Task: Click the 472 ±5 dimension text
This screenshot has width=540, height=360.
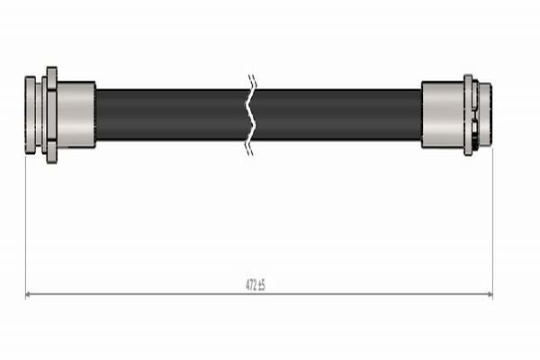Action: [256, 285]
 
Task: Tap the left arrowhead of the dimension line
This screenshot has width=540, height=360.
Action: [29, 294]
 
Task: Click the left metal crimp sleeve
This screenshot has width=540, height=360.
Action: [76, 114]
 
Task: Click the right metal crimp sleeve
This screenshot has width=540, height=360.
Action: [442, 114]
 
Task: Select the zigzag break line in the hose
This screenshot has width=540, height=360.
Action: [250, 114]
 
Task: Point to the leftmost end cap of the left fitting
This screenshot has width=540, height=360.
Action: [31, 114]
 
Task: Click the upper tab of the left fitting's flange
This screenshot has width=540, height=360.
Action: [51, 74]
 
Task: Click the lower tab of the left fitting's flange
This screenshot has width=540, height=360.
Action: [51, 156]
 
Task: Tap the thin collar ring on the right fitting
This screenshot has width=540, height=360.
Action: [468, 114]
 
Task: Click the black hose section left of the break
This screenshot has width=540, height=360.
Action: [171, 114]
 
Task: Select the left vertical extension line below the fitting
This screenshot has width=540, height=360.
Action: [25, 225]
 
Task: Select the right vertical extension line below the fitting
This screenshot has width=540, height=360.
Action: [492, 225]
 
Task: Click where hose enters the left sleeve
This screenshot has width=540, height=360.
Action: [96, 114]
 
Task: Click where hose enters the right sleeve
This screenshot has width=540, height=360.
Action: [421, 114]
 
